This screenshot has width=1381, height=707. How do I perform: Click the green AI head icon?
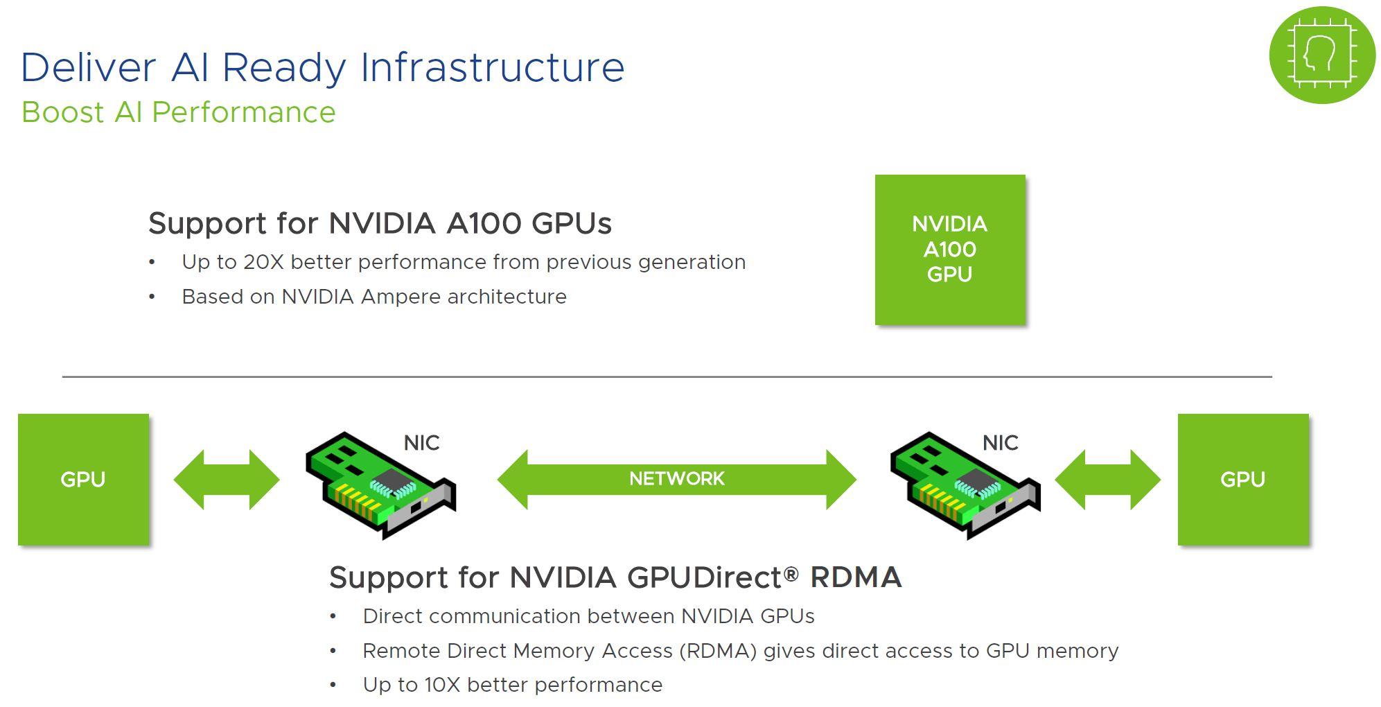(x=1321, y=55)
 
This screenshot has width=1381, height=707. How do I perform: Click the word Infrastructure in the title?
(x=492, y=68)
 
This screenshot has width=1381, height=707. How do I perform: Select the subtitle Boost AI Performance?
(x=178, y=112)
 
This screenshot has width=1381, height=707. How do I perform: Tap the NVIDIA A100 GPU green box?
(x=949, y=250)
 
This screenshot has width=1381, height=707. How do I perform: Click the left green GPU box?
(x=83, y=479)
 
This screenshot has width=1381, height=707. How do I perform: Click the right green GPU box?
(x=1242, y=479)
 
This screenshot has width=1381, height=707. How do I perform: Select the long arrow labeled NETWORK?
(x=676, y=479)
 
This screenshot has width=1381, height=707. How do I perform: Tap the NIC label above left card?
(x=421, y=443)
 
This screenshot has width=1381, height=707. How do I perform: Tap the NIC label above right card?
(x=1000, y=443)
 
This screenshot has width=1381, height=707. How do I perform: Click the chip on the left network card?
(x=393, y=480)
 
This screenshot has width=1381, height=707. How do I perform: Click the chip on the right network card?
(x=977, y=480)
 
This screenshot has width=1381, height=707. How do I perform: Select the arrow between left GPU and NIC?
(x=226, y=479)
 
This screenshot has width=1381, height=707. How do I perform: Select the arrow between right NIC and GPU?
(x=1107, y=479)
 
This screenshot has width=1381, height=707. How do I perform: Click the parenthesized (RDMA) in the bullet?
(x=718, y=651)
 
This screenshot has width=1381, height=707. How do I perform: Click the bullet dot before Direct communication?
(x=333, y=616)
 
